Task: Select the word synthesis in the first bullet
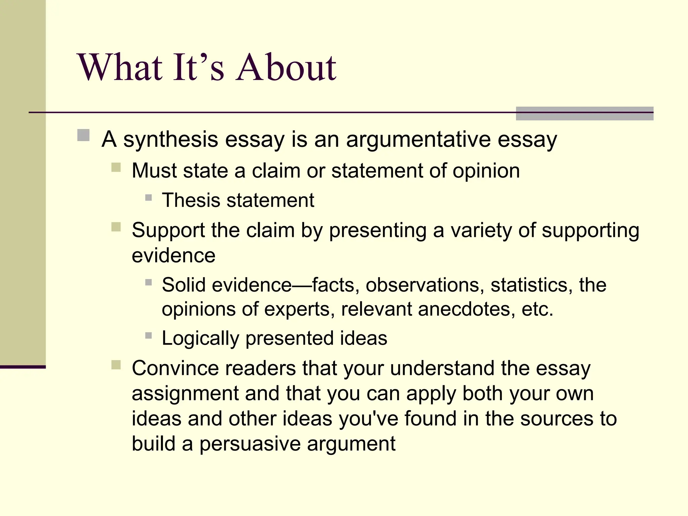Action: [x=171, y=139]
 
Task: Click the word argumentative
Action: [x=418, y=139]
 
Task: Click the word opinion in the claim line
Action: [x=486, y=171]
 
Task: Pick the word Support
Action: [x=168, y=231]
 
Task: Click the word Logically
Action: [x=200, y=338]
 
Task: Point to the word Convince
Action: [x=175, y=368]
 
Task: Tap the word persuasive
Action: [x=250, y=444]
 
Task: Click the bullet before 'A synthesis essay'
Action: [x=83, y=135]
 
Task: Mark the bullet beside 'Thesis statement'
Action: [x=148, y=198]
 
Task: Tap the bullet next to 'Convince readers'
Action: [x=116, y=365]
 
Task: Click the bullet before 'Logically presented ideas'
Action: [x=148, y=335]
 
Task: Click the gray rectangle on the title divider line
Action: [x=584, y=114]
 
